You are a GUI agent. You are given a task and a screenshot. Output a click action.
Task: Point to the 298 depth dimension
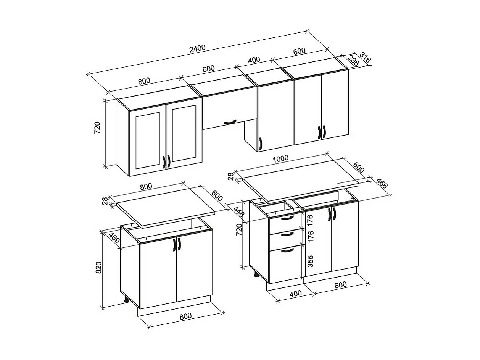(353, 61)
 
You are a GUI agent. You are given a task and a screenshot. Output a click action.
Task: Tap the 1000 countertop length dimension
(281, 158)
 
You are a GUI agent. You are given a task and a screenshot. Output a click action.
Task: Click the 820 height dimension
(98, 268)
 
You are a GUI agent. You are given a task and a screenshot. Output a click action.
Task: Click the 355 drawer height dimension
(310, 261)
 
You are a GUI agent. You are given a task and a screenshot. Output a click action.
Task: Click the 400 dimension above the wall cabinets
(254, 60)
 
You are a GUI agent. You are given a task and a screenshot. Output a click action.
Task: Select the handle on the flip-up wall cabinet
(230, 122)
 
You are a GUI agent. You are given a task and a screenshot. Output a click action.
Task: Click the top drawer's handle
(287, 218)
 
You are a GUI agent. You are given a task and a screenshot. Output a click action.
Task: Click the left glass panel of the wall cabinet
(147, 140)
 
